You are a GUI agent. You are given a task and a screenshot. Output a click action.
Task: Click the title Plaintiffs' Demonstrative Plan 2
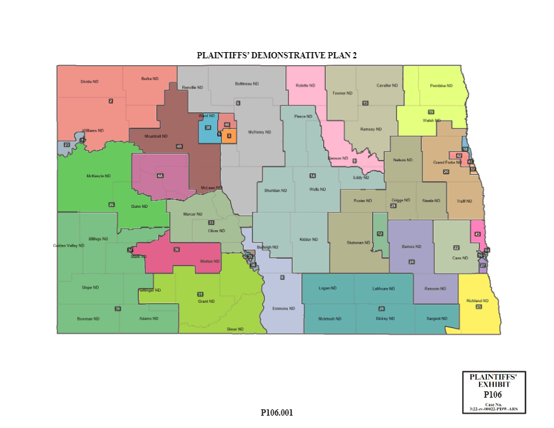point(277,55)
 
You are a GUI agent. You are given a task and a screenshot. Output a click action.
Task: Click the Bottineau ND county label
point(247,84)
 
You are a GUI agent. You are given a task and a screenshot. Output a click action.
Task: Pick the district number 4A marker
point(160,176)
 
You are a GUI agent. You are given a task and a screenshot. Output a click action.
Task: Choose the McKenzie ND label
point(98,176)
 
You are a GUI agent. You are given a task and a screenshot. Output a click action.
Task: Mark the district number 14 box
point(313,176)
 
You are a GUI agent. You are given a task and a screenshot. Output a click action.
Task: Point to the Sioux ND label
point(235,329)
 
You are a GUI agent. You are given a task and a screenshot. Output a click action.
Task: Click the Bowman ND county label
point(89,318)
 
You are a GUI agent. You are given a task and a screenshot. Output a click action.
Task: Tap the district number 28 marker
point(382,308)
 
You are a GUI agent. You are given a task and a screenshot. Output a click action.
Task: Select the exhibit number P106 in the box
point(493,393)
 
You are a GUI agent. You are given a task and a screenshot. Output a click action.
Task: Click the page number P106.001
point(277,412)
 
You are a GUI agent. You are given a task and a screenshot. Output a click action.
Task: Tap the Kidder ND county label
point(308,239)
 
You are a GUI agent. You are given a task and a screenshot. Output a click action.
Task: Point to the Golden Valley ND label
point(68,246)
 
